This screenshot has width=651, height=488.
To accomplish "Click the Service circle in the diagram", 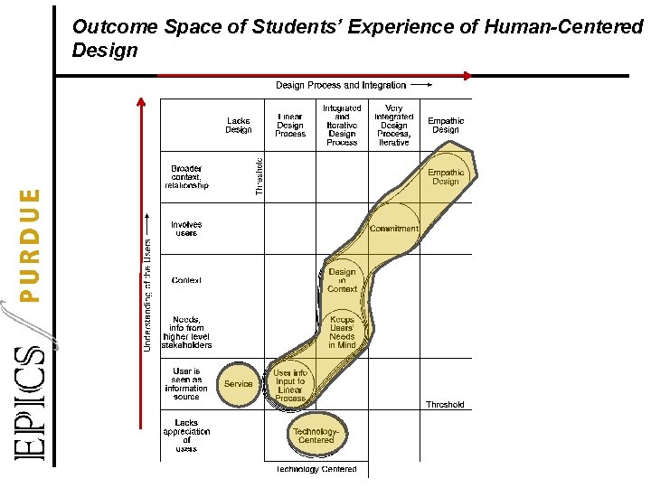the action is click(x=239, y=384).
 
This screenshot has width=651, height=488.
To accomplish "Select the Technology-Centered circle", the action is click(x=316, y=436).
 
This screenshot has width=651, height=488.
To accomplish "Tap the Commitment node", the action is click(x=394, y=229).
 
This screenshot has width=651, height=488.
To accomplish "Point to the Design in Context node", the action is click(x=343, y=280).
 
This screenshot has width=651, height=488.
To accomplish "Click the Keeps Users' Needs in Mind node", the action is click(x=342, y=332).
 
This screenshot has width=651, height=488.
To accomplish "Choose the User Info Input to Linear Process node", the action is click(x=289, y=385).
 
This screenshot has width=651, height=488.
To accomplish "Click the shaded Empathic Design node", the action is click(x=445, y=176).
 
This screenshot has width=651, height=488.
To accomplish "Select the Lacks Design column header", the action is click(x=239, y=125).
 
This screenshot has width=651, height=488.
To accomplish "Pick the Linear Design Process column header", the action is click(x=290, y=125).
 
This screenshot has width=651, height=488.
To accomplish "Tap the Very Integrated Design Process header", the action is click(x=394, y=125).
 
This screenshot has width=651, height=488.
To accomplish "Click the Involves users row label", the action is click(x=186, y=229).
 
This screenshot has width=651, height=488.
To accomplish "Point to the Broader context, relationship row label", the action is click(x=186, y=176).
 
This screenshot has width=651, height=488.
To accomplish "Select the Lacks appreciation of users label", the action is click(x=186, y=436).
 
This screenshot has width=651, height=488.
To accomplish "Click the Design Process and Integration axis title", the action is click(x=341, y=85).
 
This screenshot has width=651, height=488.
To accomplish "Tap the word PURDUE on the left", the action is click(x=31, y=244).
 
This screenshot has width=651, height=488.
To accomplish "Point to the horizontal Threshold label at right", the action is click(x=445, y=405).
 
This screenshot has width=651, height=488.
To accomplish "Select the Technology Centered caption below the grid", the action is click(x=316, y=469).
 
